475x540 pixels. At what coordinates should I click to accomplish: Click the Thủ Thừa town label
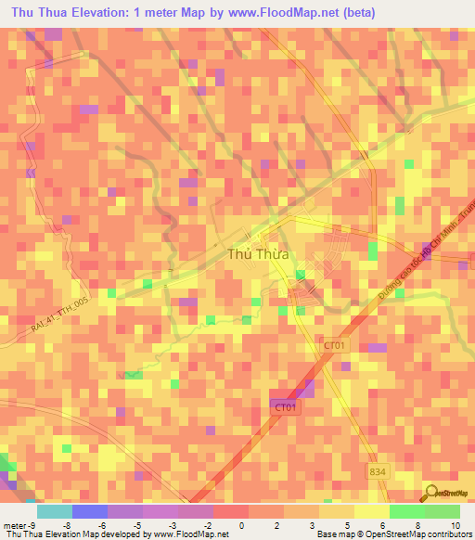click(x=258, y=253)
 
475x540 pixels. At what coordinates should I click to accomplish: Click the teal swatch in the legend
click(x=54, y=510)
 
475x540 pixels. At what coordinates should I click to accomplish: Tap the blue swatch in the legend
click(x=89, y=510)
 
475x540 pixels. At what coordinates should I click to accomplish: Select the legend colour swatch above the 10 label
click(x=443, y=510)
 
